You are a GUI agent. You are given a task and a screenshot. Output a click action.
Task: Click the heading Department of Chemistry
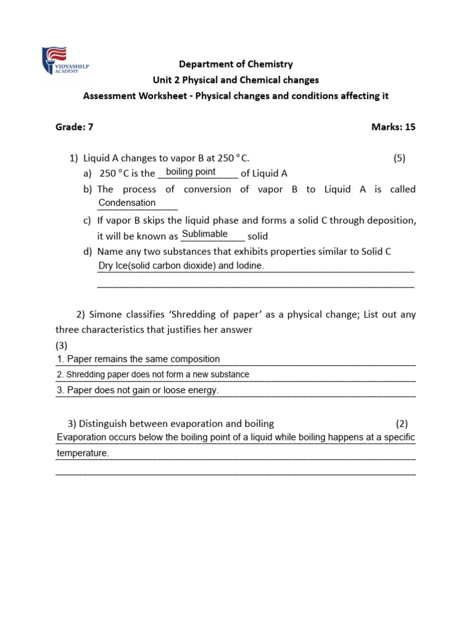click(235, 64)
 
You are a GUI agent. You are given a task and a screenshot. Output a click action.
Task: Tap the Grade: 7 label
click(74, 127)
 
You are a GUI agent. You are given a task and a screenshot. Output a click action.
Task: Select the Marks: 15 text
click(393, 127)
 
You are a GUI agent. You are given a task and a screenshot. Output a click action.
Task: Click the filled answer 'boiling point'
click(191, 172)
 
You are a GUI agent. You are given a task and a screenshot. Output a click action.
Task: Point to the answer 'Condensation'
click(127, 203)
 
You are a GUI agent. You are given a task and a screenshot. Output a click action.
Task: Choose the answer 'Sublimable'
click(205, 234)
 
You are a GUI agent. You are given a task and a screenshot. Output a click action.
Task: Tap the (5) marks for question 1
click(399, 158)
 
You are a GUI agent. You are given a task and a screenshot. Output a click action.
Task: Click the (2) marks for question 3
click(401, 423)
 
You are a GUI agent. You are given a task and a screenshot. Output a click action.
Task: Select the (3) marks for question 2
click(61, 345)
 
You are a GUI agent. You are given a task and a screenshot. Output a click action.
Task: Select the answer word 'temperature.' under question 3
click(82, 453)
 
